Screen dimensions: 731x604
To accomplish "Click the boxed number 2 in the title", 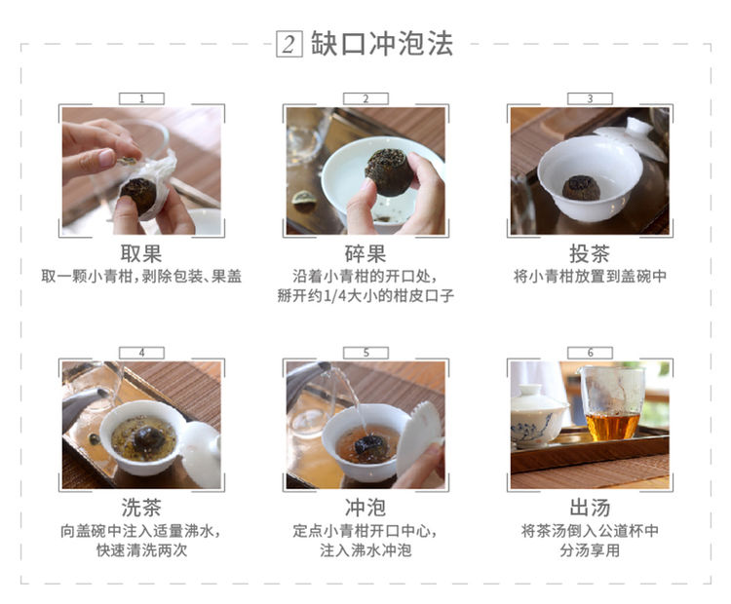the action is pos(289,44).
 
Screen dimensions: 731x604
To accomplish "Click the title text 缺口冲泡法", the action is pos(382,44).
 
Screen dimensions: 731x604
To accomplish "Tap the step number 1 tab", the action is pos(141,98).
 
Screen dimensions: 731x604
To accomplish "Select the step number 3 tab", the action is pos(590,98).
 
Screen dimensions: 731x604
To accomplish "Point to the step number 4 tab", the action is pos(141,353).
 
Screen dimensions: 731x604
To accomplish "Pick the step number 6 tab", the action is pos(590,353).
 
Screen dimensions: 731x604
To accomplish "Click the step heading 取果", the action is pos(141,254).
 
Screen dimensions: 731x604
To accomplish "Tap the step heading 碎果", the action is pos(365,254).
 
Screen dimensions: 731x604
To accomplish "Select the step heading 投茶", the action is pos(590,254).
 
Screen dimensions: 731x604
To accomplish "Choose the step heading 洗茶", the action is pos(141,508).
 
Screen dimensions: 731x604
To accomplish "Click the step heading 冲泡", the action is pos(365,508).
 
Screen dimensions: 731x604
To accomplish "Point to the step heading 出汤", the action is pos(590,508).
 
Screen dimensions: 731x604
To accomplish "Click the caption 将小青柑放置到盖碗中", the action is pos(590,277).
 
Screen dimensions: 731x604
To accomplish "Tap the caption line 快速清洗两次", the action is pos(141,550).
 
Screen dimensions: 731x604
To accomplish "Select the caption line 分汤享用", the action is pos(590,550).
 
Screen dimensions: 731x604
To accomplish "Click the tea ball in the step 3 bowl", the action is pos(581,187).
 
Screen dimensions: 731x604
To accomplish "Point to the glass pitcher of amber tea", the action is pos(612,403).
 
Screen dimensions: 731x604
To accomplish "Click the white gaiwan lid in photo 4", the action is pos(202,454).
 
